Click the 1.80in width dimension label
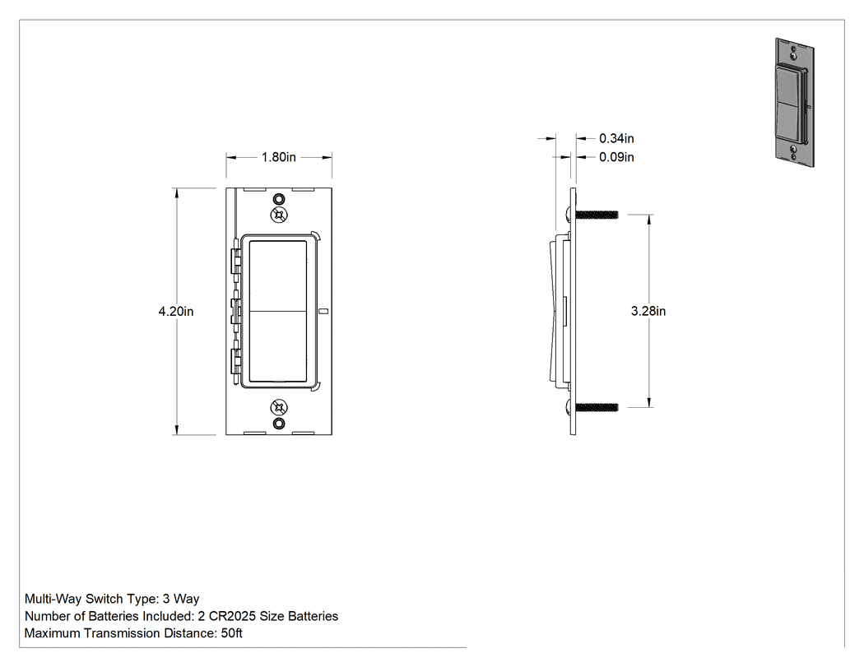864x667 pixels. coord(278,158)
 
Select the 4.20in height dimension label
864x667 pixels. coord(176,312)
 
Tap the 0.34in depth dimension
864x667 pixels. coord(616,138)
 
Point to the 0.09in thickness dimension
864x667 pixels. coord(616,158)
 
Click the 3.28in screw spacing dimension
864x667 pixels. coord(648,311)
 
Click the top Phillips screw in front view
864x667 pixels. coord(279,215)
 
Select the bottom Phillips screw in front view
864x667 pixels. coord(279,408)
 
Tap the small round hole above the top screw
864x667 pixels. coord(280,199)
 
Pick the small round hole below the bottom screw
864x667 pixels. coord(280,424)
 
